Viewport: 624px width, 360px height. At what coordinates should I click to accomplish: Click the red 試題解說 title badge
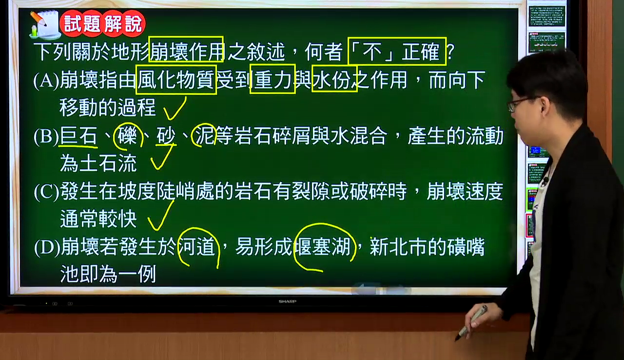click(x=102, y=23)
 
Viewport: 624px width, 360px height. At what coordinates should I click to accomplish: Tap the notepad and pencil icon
click(x=44, y=24)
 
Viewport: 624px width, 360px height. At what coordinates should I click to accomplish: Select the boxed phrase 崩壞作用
click(x=186, y=49)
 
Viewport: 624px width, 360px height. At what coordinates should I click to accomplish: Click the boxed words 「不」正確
click(x=397, y=51)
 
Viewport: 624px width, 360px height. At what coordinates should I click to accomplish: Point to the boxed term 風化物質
click(x=176, y=80)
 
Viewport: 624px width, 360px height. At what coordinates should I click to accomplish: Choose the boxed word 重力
click(x=273, y=79)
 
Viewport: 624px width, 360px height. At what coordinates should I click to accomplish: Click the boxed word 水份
click(x=334, y=79)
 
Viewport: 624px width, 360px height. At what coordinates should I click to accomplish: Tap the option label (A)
click(x=46, y=80)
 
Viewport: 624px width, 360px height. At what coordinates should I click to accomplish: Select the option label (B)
click(x=46, y=137)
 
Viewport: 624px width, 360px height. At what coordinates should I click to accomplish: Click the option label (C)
click(x=46, y=192)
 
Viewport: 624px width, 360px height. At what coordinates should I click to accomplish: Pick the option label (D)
click(x=47, y=248)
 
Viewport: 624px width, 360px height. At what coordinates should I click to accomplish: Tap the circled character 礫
click(x=128, y=136)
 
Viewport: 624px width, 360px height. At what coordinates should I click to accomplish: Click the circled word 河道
click(x=198, y=247)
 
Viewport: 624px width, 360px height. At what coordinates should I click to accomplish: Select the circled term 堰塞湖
click(x=325, y=247)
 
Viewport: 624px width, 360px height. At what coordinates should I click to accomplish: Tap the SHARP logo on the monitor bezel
click(x=288, y=301)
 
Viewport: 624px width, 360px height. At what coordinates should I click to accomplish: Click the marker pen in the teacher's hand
click(x=471, y=323)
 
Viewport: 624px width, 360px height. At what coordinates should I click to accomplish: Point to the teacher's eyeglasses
click(x=520, y=103)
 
